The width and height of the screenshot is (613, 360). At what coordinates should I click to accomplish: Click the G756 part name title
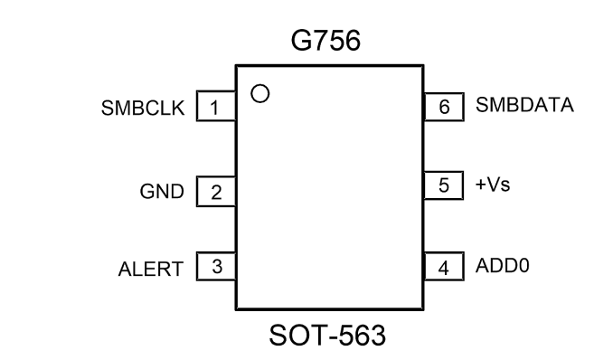(x=325, y=41)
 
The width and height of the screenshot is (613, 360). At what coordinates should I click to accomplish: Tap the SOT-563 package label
(x=327, y=336)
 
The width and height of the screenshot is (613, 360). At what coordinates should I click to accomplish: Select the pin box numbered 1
(x=216, y=106)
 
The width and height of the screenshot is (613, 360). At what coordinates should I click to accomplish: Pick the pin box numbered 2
(x=216, y=192)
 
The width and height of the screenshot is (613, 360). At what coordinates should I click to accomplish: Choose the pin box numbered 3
(x=216, y=267)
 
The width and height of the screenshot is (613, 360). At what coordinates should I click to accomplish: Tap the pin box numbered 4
(x=444, y=267)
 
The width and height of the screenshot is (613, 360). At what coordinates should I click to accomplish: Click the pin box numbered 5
(x=443, y=185)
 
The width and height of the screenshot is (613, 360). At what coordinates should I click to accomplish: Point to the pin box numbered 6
(x=444, y=107)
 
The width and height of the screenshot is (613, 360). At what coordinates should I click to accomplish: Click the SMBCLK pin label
(x=143, y=108)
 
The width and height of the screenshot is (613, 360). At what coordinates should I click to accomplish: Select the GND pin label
(x=162, y=192)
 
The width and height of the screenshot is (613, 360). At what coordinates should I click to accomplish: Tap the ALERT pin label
(x=151, y=270)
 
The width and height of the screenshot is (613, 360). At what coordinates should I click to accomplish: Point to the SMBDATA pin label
(x=524, y=105)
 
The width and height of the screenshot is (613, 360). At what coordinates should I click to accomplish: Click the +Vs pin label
(x=493, y=185)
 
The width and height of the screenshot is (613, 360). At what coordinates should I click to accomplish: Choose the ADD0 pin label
(x=503, y=265)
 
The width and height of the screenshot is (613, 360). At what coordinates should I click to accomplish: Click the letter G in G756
(x=301, y=41)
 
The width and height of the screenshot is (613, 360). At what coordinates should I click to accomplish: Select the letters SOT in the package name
(x=296, y=336)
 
